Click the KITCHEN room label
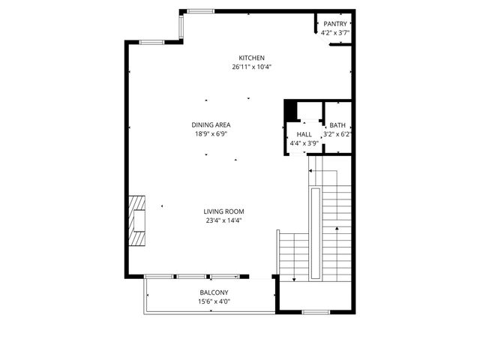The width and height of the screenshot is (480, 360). click(x=251, y=58)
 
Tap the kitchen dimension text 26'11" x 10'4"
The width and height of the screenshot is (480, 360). click(x=251, y=67)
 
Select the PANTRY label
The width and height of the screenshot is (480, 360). click(x=334, y=24)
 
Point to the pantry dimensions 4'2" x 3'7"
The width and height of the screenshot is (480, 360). click(x=334, y=33)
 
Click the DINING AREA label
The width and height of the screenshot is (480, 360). click(x=211, y=125)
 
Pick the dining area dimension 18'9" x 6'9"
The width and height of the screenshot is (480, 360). click(x=211, y=134)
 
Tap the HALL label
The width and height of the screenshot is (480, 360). click(x=304, y=134)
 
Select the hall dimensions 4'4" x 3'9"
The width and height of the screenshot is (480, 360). click(x=304, y=142)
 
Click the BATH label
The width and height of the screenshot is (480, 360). click(x=337, y=126)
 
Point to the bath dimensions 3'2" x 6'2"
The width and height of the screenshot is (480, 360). click(x=337, y=135)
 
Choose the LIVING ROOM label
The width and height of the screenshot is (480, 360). click(x=223, y=211)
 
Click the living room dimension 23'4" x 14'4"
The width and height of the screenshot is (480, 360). click(x=223, y=220)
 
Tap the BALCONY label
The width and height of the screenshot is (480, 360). click(x=214, y=292)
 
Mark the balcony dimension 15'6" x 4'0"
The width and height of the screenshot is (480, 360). click(x=214, y=301)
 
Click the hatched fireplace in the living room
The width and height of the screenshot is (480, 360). click(x=136, y=221)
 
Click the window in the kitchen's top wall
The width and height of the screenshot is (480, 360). click(x=199, y=10)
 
